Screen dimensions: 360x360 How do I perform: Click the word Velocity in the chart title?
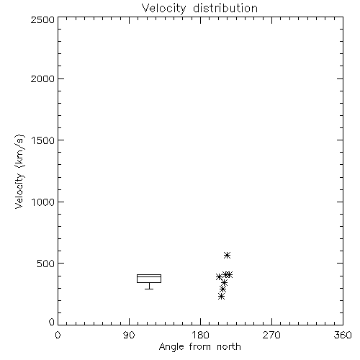click(164, 9)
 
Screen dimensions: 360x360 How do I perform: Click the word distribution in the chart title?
click(225, 8)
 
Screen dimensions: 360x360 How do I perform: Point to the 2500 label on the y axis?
click(42, 19)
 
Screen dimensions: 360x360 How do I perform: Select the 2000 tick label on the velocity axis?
click(42, 78)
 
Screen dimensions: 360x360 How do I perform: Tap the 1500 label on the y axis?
click(43, 140)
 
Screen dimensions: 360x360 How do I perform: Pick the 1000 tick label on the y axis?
click(43, 202)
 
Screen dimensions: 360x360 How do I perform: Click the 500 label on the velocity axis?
click(46, 264)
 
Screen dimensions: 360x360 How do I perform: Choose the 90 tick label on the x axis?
click(129, 335)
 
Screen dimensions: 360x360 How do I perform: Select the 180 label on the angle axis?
click(200, 335)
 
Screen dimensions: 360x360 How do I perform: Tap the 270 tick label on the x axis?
click(271, 335)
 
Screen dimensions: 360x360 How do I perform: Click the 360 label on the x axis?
click(343, 335)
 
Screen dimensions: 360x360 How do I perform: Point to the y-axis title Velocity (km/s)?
click(19, 171)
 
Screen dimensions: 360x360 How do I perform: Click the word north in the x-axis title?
click(229, 347)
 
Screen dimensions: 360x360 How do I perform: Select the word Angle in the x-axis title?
click(171, 347)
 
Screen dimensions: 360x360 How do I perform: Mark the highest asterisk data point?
click(227, 255)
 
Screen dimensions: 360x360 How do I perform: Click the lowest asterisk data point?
click(221, 297)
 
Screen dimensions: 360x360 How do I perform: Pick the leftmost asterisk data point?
click(219, 277)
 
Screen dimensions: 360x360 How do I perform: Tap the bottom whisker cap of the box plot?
click(149, 289)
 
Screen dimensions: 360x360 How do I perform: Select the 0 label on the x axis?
click(58, 335)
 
